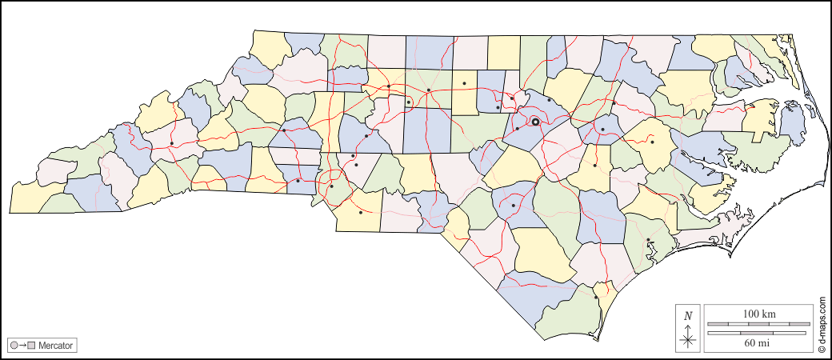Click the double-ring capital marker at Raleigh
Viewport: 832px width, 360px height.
535,122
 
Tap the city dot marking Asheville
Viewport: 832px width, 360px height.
172,144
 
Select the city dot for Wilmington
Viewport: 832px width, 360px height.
596,298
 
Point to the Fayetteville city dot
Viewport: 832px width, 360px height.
513,206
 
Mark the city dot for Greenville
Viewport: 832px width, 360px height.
652,142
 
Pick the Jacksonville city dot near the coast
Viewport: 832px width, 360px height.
648,239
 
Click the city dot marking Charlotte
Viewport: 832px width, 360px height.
331,186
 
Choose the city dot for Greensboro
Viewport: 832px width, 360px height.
429,90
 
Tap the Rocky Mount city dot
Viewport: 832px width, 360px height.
614,102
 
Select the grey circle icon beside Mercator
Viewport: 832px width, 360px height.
14,346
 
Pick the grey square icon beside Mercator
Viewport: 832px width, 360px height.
32,346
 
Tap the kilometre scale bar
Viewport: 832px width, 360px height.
758,324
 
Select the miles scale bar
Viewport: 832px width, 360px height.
758,333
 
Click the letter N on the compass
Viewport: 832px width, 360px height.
688,316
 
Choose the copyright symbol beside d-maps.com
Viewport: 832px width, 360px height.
822,349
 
